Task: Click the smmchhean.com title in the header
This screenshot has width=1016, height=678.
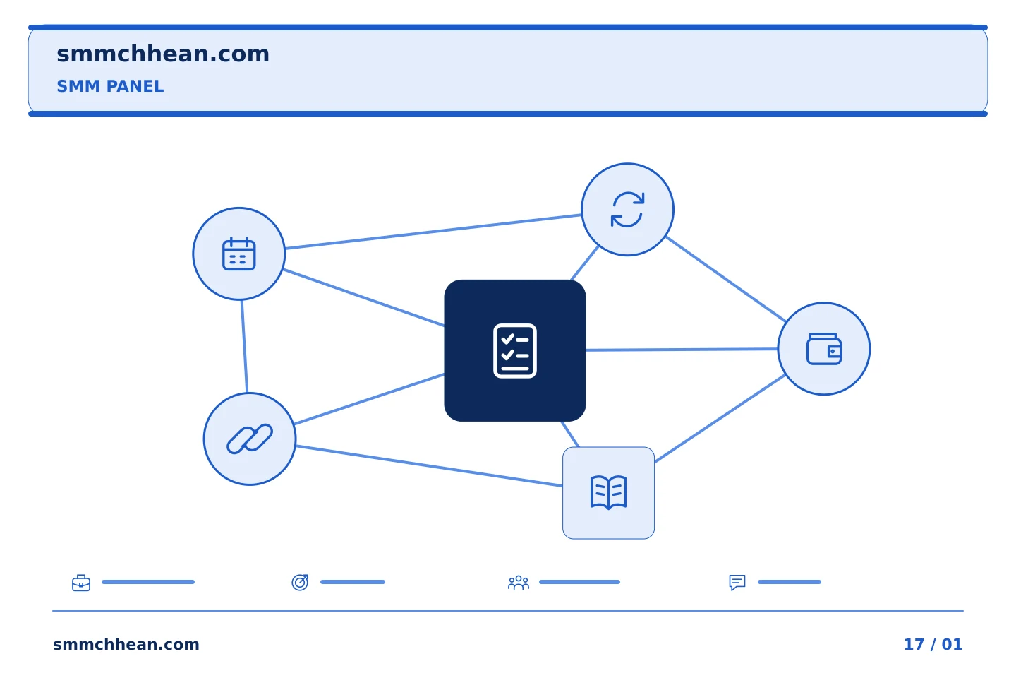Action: point(163,54)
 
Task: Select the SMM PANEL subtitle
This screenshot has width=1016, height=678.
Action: point(110,86)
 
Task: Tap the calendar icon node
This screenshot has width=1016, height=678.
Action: point(239,254)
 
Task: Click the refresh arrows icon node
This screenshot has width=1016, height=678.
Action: point(628,210)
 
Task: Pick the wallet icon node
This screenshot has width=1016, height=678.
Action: point(824,349)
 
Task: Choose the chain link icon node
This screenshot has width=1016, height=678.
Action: point(250,439)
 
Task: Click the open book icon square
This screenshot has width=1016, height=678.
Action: point(609,493)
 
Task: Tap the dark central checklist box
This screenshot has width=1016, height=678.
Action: point(515,350)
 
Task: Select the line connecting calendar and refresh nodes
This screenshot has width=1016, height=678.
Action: point(433,232)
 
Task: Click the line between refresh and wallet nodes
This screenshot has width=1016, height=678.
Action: point(726,279)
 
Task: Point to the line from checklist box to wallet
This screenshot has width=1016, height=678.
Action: point(682,350)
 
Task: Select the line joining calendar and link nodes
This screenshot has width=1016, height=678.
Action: point(244,347)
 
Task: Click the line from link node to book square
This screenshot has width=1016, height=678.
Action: point(429,466)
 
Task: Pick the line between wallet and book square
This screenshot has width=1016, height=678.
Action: point(720,419)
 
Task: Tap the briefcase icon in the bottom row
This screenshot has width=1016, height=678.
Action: point(81,583)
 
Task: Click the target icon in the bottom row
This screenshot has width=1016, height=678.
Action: point(300,582)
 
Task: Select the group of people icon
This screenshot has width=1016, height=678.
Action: point(519,583)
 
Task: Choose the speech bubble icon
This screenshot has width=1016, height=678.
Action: point(737,583)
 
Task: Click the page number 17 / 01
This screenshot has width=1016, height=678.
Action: point(933,644)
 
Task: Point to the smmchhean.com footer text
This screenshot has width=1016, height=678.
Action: point(126,644)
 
